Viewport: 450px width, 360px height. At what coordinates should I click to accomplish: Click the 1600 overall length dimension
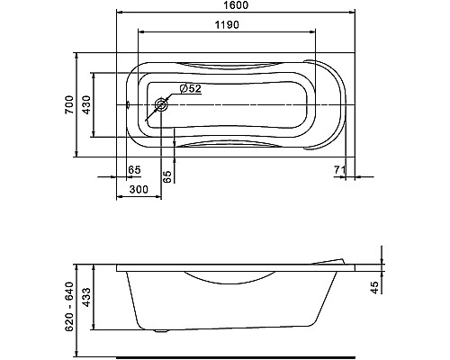(x=236, y=5)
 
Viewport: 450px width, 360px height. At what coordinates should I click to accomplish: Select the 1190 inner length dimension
(x=227, y=24)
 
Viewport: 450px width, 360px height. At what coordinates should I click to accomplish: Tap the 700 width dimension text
(x=69, y=104)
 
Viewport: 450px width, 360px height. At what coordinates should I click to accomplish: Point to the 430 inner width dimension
(x=86, y=104)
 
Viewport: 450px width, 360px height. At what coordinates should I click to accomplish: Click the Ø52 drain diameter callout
(x=190, y=88)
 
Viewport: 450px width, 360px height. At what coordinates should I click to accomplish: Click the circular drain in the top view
(x=161, y=105)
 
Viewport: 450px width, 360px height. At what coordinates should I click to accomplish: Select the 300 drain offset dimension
(x=139, y=189)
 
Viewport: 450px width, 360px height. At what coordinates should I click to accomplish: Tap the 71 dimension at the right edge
(x=340, y=170)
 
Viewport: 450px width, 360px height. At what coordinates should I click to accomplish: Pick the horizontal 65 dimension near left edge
(x=134, y=170)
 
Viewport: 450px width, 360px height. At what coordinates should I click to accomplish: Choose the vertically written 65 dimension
(x=167, y=176)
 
